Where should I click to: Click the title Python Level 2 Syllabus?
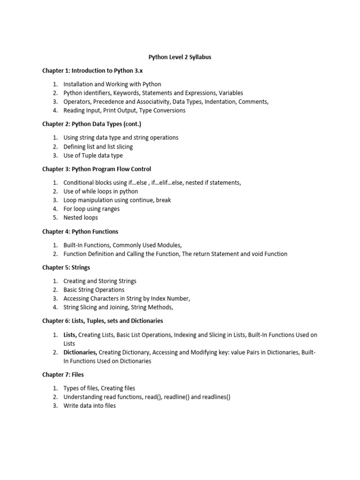coord(180,57)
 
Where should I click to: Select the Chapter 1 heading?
coord(92,71)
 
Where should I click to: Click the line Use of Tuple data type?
coord(93,156)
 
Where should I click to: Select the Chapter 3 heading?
coord(97,169)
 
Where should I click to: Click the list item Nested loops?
coord(81,218)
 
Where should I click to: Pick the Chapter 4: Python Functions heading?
coord(80,232)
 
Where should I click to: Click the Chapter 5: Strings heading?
coord(66,268)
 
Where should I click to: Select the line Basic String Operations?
coord(94,290)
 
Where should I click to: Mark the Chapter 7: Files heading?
coord(63,375)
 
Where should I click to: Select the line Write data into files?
coord(90,406)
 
